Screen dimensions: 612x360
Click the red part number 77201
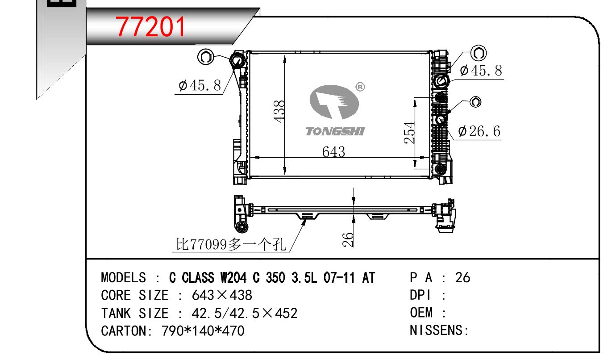click(x=150, y=26)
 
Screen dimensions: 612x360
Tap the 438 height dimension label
click(x=279, y=112)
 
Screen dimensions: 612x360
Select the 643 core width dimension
click(x=333, y=152)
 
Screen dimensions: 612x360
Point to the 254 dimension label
click(x=409, y=133)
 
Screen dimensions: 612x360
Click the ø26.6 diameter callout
click(x=479, y=131)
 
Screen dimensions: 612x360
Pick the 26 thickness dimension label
click(x=348, y=240)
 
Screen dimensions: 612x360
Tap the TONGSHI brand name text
click(x=335, y=131)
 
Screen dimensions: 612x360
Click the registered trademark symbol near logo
click(x=360, y=87)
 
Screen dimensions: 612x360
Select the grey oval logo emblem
click(x=334, y=102)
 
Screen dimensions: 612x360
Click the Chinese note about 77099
click(x=231, y=244)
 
